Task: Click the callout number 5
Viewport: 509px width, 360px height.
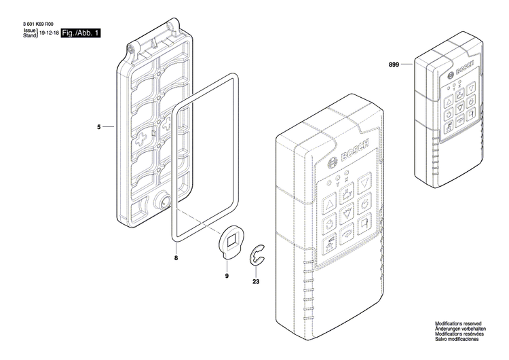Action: pyautogui.click(x=98, y=127)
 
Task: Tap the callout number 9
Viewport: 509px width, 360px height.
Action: pyautogui.click(x=227, y=276)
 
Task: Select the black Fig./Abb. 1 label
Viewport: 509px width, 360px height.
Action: pyautogui.click(x=81, y=33)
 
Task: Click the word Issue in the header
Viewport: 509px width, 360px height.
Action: pyautogui.click(x=29, y=31)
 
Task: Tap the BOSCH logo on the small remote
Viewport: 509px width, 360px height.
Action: pyautogui.click(x=462, y=73)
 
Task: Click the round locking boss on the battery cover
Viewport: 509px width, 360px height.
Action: pyautogui.click(x=164, y=202)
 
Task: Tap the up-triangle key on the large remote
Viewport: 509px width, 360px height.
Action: pyautogui.click(x=328, y=203)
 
